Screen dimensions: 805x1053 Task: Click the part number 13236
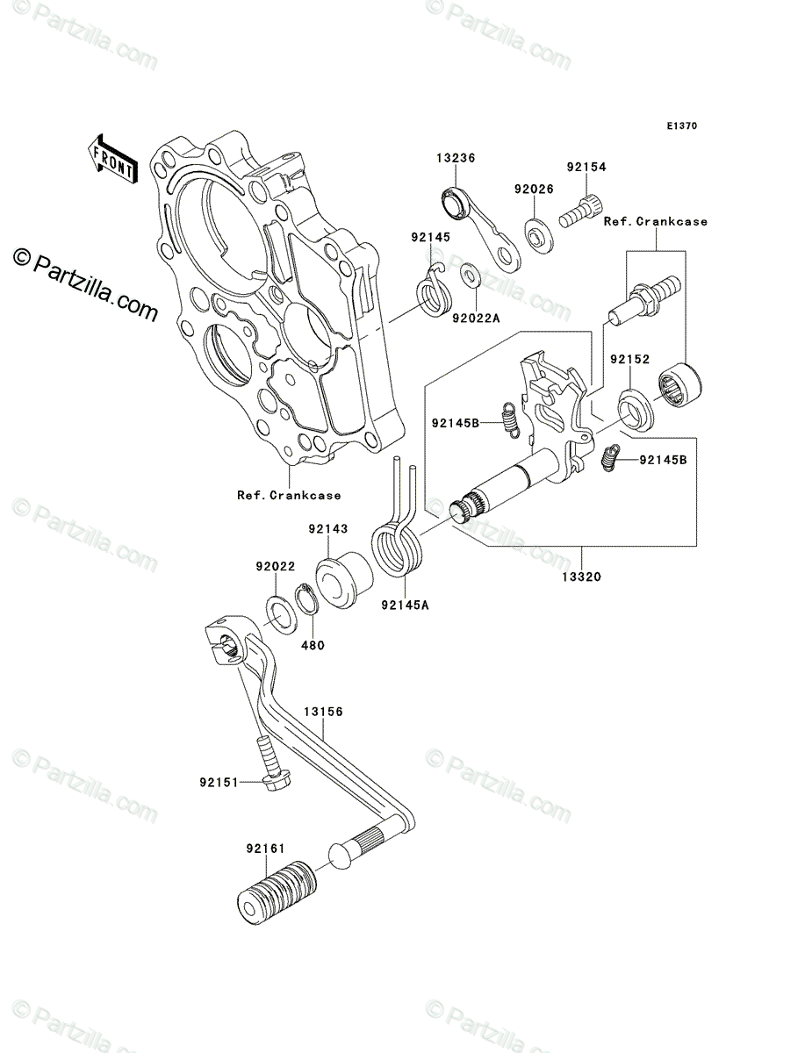(456, 158)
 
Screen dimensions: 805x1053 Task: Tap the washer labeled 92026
(539, 235)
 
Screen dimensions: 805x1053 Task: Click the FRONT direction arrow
(112, 159)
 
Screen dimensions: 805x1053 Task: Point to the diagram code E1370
(681, 126)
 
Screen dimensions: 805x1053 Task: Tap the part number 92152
(629, 359)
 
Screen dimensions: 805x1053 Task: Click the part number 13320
(581, 577)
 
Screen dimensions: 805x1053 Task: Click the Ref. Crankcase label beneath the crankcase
(289, 496)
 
